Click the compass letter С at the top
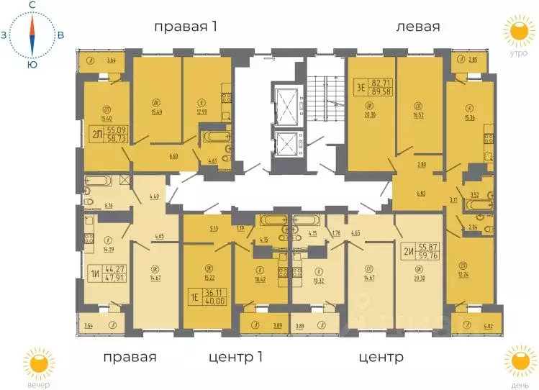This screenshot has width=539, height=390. pyautogui.click(x=32, y=6)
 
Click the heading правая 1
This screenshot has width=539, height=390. pyautogui.click(x=186, y=27)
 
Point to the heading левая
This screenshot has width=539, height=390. pyautogui.click(x=417, y=27)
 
